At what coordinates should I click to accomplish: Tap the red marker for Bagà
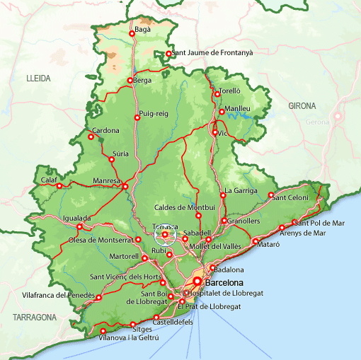click(132, 33)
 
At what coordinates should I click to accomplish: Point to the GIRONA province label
click(302, 105)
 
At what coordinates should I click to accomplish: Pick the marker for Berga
click(130, 81)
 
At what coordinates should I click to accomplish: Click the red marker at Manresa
click(125, 187)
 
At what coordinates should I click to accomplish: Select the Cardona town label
click(105, 130)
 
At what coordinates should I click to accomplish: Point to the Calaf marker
click(59, 187)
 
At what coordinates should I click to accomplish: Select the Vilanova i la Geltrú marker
click(103, 331)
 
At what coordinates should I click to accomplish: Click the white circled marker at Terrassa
click(164, 235)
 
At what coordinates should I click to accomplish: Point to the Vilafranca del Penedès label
click(59, 294)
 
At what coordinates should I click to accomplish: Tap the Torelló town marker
click(217, 93)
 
